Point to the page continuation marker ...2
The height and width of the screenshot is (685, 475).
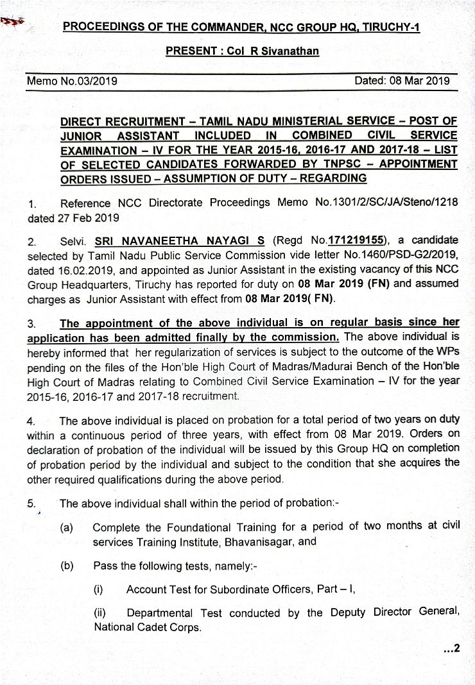click(452, 649)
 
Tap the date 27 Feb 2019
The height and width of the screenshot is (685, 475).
click(73, 217)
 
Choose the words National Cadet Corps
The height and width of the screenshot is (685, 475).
click(148, 627)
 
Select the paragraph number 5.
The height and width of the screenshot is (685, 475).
click(31, 503)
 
